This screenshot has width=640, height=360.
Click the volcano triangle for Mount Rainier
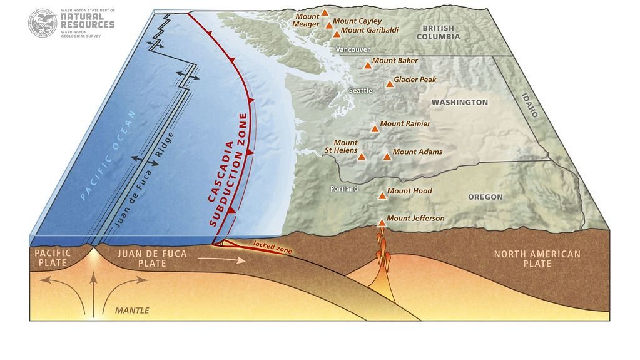coord(375,128)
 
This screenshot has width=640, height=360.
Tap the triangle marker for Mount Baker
coord(367,64)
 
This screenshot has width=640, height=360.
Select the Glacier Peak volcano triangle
coord(389,83)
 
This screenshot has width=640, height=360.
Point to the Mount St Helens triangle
coord(362,156)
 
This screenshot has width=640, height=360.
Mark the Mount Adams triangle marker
coord(387,156)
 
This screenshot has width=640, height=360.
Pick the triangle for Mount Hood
coord(382,195)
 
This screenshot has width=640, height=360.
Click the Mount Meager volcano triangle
coord(325,13)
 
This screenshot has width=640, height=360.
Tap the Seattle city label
coord(360,91)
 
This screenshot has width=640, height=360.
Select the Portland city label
coord(344,188)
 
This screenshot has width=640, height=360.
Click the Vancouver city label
coord(353,49)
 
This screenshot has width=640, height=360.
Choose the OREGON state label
coord(485,197)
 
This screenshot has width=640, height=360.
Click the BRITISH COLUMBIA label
coord(441,33)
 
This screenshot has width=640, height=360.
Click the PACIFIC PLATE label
coord(53,258)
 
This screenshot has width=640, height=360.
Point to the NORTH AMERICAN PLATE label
coord(537,259)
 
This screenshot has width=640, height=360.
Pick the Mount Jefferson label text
coord(415,219)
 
